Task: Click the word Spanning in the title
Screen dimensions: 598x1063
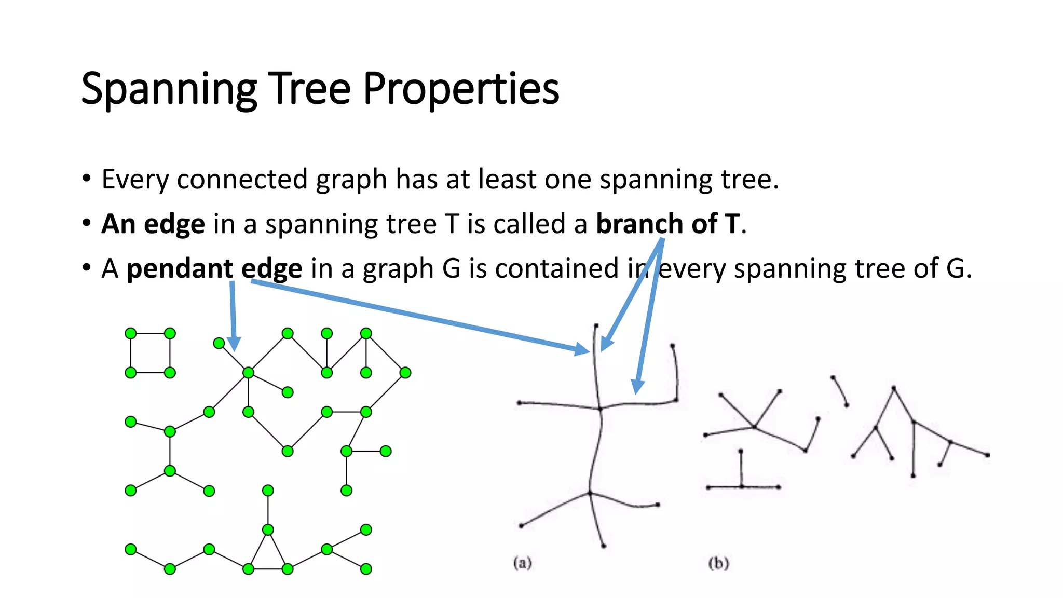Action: [169, 89]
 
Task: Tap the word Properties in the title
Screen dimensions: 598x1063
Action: [460, 89]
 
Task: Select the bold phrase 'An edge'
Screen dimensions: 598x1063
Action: [153, 224]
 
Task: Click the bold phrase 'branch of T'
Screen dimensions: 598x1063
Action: [667, 224]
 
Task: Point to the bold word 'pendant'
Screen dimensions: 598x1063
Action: [180, 269]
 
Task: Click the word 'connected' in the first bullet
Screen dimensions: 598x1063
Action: [242, 180]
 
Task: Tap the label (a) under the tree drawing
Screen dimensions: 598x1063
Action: [522, 563]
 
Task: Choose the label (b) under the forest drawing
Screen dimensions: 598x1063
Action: [718, 563]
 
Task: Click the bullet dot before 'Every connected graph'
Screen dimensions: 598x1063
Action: [87, 179]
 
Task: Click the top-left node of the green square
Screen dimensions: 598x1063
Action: [131, 333]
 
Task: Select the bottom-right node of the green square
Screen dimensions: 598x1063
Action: [170, 373]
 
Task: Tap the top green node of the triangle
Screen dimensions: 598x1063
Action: [268, 530]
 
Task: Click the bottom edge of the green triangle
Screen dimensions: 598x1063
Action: [268, 569]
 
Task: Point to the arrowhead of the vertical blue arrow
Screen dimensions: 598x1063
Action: [234, 345]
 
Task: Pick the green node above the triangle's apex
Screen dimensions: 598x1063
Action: [268, 491]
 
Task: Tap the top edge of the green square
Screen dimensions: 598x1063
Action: [151, 333]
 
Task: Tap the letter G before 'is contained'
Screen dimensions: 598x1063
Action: [451, 269]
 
